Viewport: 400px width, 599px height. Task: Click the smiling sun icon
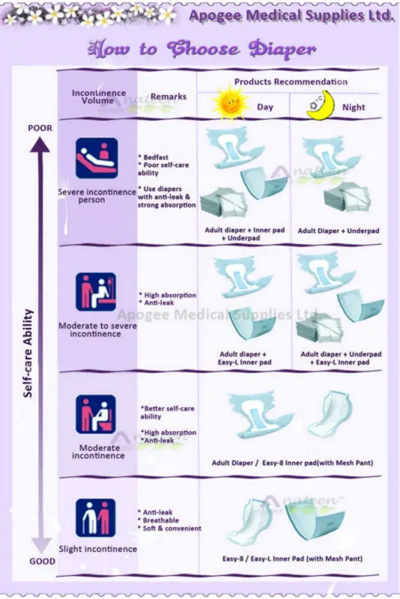coord(231,103)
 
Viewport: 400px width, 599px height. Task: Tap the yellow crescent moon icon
coord(320,106)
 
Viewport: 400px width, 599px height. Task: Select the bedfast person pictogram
coord(97,158)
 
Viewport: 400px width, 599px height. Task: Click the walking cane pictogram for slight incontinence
coord(96,517)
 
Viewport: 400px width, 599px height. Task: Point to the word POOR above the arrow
coord(40,128)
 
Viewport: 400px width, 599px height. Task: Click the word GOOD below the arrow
coord(42,561)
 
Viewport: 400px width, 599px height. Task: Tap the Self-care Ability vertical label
coord(28,353)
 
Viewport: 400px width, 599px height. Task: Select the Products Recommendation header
coord(291,82)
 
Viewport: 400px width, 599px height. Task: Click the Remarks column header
coord(169,97)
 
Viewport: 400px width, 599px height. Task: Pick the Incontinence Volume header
coord(99,97)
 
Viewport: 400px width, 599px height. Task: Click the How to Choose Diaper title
coord(202,49)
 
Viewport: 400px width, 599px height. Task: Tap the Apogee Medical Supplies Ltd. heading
coord(291,16)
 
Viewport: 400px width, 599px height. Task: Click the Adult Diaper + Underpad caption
coord(339,231)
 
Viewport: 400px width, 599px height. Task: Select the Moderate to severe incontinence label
coord(97,329)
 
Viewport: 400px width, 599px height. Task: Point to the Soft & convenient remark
coord(172,529)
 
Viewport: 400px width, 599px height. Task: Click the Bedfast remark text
coord(154,157)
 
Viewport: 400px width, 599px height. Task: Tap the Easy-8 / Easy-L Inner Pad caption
coord(292,559)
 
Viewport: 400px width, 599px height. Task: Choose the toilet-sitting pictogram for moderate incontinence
coord(96,414)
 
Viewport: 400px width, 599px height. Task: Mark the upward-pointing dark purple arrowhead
coord(40,145)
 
